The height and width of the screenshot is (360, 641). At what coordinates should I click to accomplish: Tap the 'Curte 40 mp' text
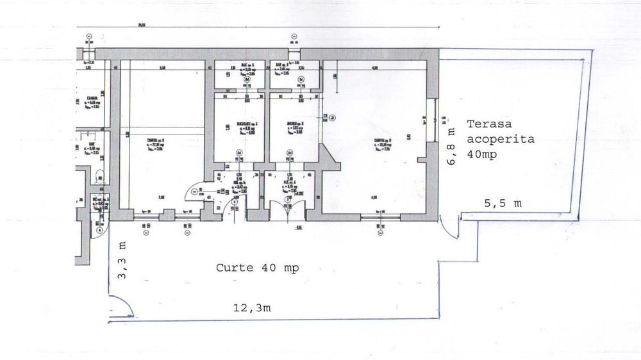click(258, 267)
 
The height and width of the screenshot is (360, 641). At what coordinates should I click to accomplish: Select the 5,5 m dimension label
click(503, 203)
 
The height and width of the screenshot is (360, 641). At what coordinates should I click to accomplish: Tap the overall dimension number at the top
click(140, 26)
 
